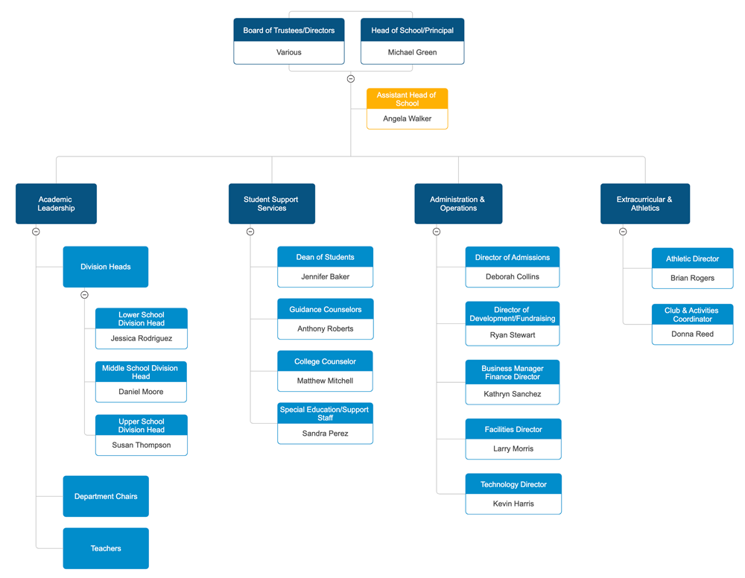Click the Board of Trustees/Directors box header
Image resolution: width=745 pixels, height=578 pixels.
click(x=289, y=31)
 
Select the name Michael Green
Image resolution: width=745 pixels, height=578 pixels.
click(x=412, y=53)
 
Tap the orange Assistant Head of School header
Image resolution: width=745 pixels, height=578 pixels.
click(x=407, y=99)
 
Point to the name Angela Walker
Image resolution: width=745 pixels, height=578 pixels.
click(x=407, y=119)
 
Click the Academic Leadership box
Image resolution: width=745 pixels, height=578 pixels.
click(x=56, y=204)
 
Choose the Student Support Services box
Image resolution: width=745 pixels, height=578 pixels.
click(x=271, y=204)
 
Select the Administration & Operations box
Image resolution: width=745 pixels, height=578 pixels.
click(x=458, y=204)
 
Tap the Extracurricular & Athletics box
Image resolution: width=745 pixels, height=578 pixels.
click(x=644, y=204)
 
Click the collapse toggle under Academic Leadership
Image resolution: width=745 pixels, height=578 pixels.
click(x=36, y=232)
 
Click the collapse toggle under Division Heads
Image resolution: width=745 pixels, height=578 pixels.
click(x=84, y=295)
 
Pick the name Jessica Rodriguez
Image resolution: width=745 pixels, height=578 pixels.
click(x=141, y=339)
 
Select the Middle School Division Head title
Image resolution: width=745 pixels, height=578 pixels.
click(x=141, y=372)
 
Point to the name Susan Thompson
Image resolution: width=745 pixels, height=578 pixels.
click(x=141, y=445)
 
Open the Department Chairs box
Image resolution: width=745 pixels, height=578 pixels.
click(x=106, y=497)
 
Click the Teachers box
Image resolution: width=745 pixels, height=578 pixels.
click(x=106, y=549)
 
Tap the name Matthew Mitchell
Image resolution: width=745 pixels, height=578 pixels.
click(x=325, y=381)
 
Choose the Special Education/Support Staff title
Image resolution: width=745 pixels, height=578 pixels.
click(x=325, y=413)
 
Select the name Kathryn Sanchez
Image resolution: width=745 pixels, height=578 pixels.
click(x=512, y=395)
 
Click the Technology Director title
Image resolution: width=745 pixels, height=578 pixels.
click(x=513, y=484)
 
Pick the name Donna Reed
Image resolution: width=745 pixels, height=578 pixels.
click(x=692, y=334)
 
